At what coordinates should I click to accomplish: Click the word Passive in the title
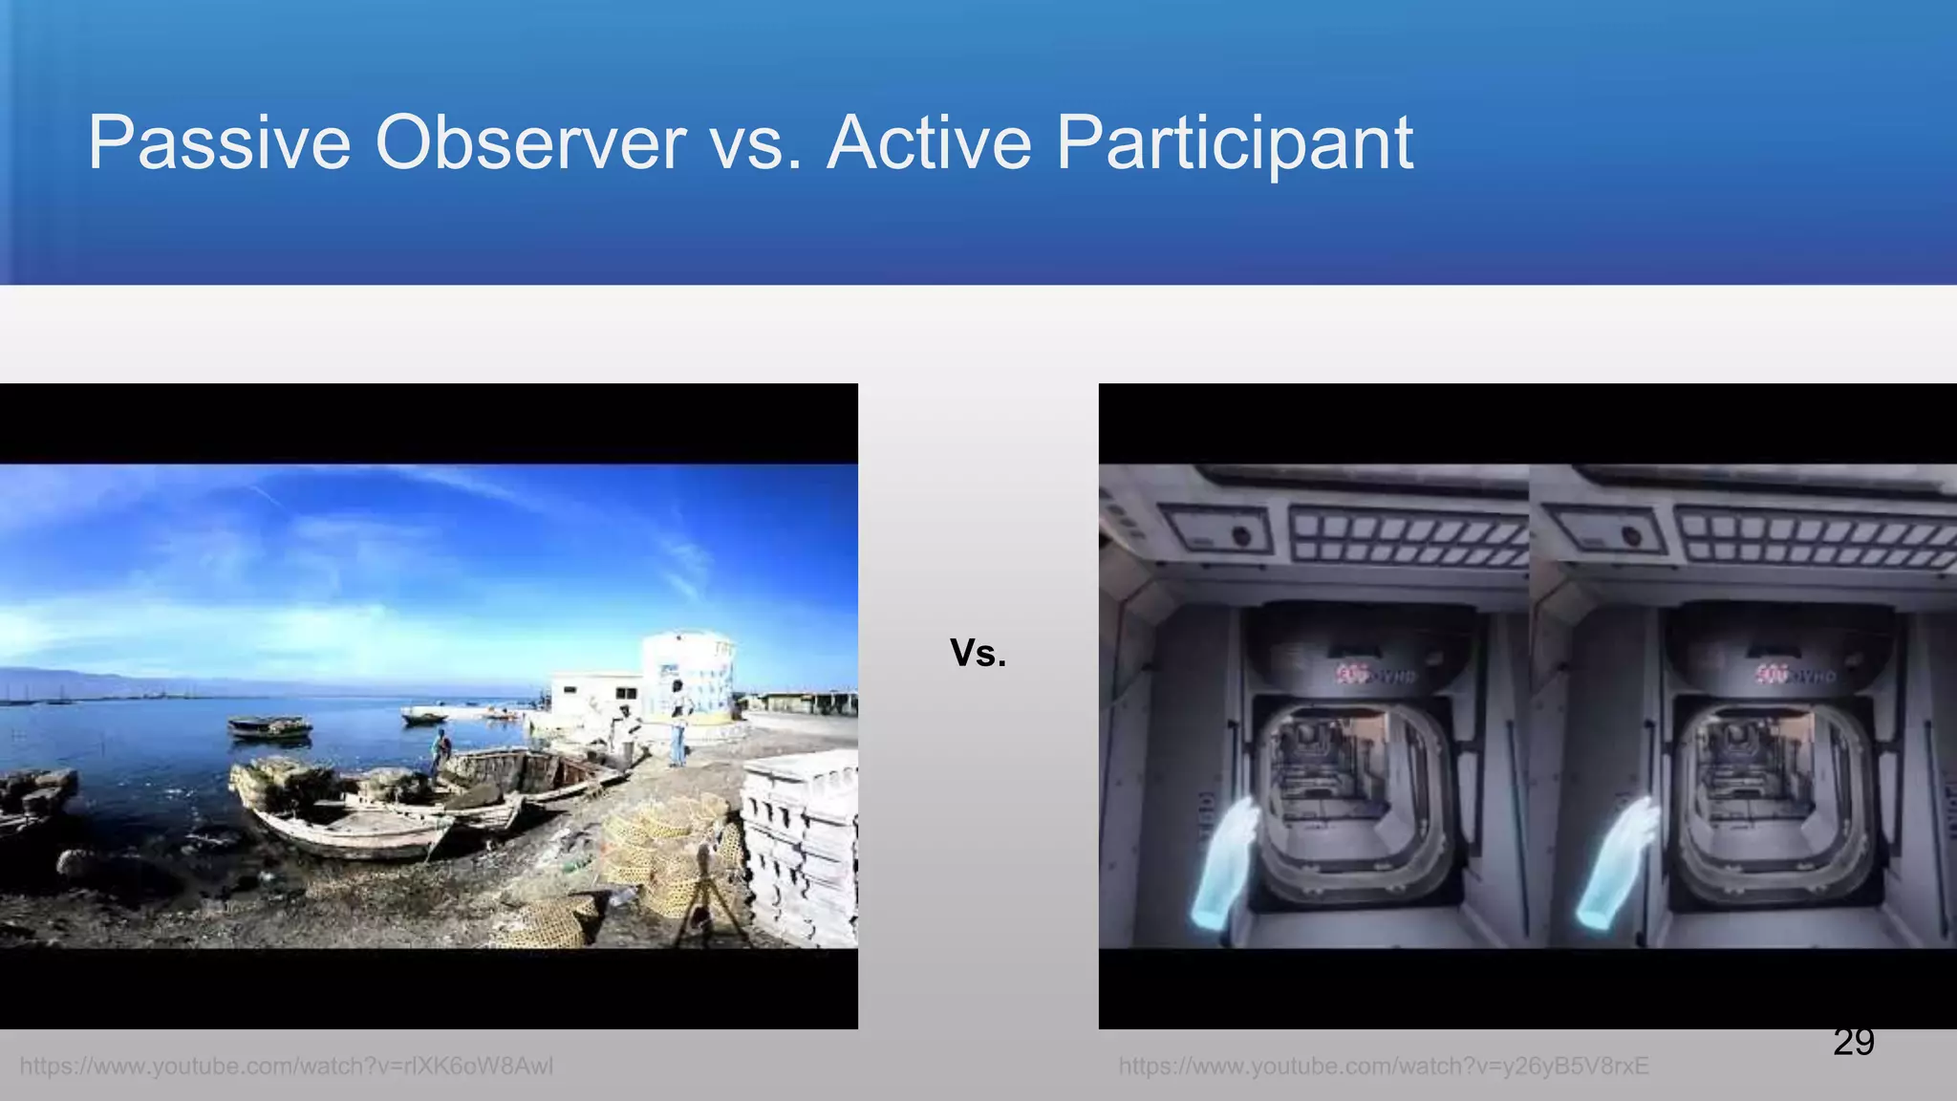tap(219, 143)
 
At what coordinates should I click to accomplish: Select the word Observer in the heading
tap(530, 143)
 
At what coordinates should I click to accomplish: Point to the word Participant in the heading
tap(1234, 143)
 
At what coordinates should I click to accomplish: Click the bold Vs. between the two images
tap(978, 653)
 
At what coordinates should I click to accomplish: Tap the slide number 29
tap(1853, 1042)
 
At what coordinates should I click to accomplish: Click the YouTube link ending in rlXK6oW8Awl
tap(287, 1066)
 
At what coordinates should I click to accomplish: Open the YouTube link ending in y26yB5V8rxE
tap(1384, 1066)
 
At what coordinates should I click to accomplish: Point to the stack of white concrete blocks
tap(801, 841)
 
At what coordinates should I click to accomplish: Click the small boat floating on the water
tap(269, 727)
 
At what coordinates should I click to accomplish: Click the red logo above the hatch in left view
tap(1352, 674)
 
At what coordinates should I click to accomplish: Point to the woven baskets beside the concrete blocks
tap(659, 851)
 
